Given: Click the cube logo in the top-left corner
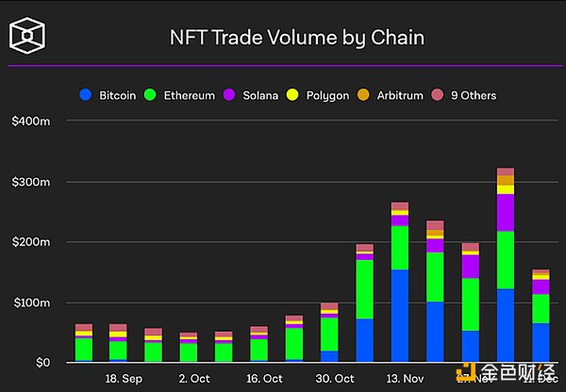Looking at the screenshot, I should [29, 38].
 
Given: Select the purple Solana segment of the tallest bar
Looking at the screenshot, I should [506, 212].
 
